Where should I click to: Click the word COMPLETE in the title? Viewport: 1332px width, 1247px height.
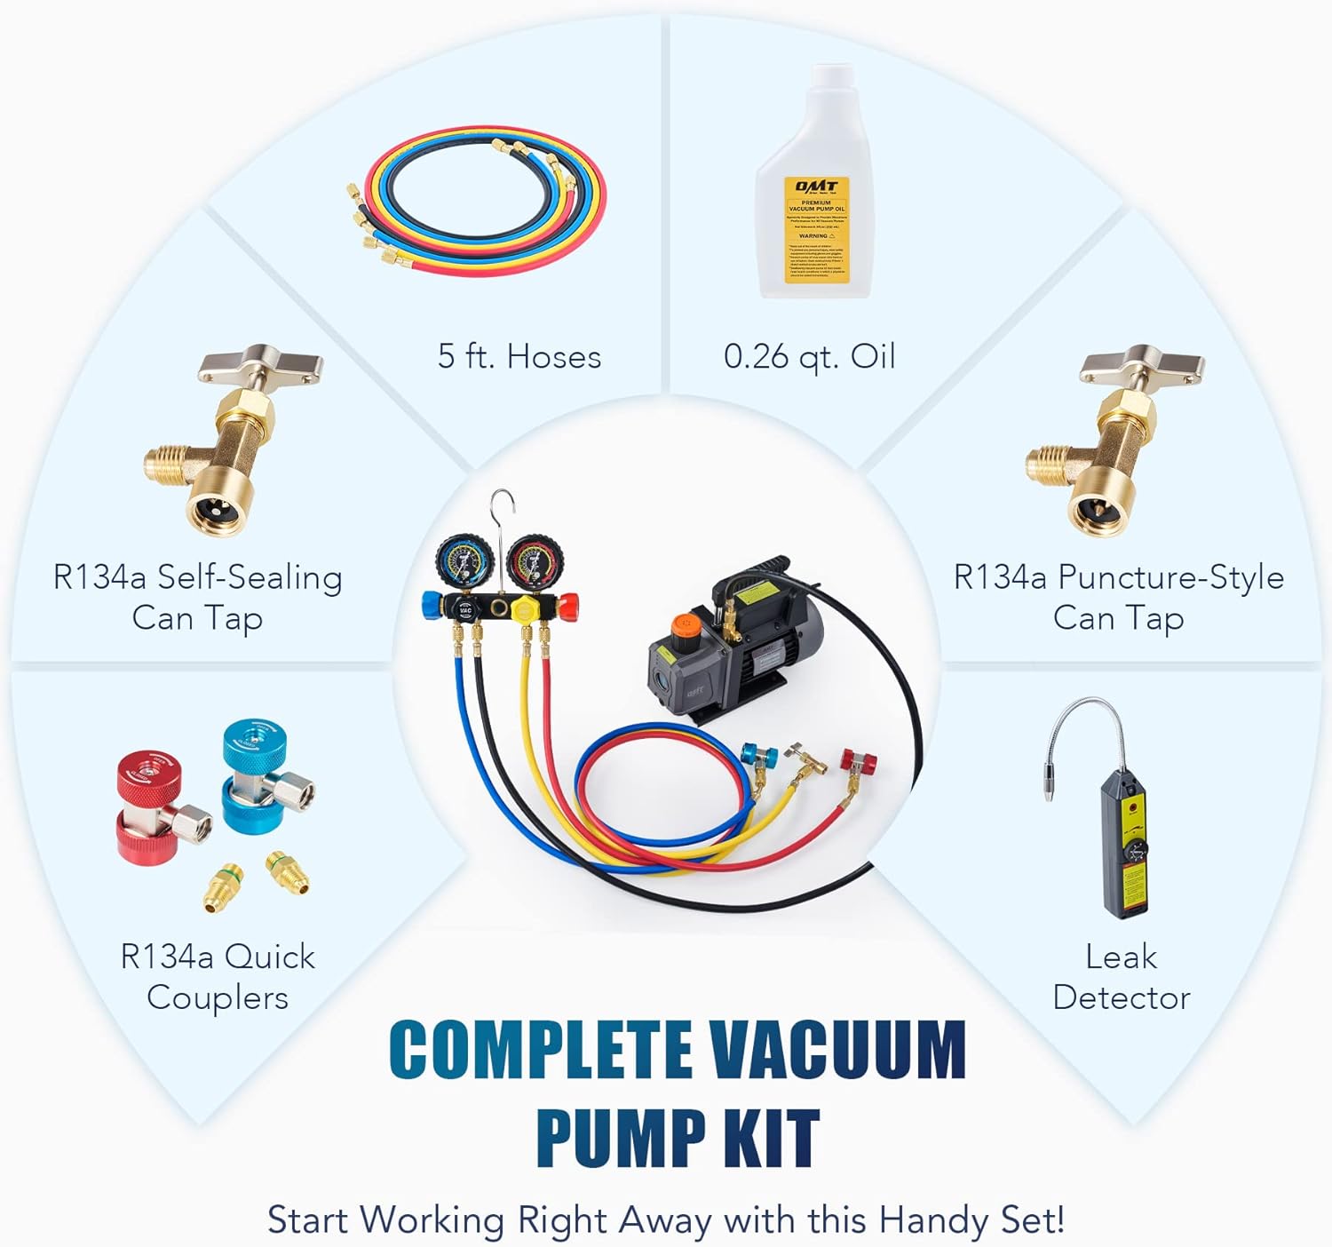click(541, 1050)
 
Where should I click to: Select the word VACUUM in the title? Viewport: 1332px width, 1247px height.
click(838, 1050)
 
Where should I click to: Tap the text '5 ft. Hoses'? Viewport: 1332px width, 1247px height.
click(519, 357)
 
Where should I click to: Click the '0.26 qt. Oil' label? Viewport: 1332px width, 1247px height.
click(809, 357)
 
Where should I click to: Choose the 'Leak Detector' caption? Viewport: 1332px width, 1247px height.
click(1121, 977)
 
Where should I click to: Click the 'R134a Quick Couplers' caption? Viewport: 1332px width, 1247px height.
click(218, 977)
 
